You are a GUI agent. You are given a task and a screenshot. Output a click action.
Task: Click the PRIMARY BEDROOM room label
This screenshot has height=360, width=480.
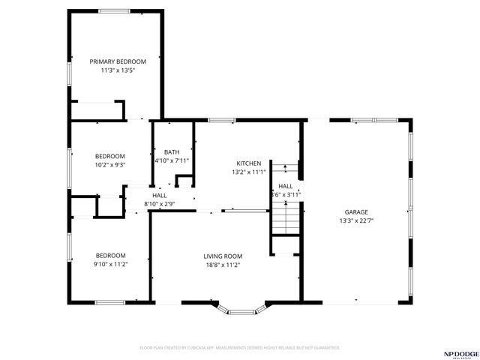tap(118, 61)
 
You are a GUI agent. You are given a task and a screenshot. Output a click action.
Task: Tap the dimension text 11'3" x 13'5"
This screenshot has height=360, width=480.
tap(118, 70)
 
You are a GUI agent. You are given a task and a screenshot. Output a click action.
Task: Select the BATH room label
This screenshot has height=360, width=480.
tap(172, 152)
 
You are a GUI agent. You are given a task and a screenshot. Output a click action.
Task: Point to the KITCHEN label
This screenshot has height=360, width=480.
tap(248, 163)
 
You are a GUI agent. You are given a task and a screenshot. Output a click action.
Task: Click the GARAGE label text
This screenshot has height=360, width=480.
tap(356, 212)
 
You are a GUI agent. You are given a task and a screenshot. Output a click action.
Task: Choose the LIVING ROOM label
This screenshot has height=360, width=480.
tap(222, 256)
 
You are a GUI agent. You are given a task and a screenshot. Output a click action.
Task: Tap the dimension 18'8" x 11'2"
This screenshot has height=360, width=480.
tap(222, 265)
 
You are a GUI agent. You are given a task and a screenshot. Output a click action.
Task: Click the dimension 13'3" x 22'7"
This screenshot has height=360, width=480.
tap(356, 221)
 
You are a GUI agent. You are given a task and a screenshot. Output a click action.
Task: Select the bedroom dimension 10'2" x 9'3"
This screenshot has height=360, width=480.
tap(109, 165)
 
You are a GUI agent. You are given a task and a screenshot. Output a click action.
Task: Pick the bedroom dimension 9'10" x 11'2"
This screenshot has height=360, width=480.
tap(109, 264)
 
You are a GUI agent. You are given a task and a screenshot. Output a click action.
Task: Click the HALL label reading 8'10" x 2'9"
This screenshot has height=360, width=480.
tap(159, 203)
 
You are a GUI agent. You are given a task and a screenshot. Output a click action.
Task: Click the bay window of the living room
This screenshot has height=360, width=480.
tap(240, 309)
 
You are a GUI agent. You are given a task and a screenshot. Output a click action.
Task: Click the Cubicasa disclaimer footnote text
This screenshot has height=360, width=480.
tap(240, 348)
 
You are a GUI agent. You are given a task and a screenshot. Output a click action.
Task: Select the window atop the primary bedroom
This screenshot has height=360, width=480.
tap(114, 10)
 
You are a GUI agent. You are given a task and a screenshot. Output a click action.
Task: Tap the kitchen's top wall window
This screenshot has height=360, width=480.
tap(221, 119)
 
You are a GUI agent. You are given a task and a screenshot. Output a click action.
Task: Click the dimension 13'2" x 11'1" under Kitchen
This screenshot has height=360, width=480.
tap(248, 172)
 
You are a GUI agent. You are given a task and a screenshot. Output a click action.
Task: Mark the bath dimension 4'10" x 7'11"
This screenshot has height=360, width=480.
tap(172, 160)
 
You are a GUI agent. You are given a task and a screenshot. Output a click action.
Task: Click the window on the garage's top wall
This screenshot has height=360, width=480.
tap(364, 119)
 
